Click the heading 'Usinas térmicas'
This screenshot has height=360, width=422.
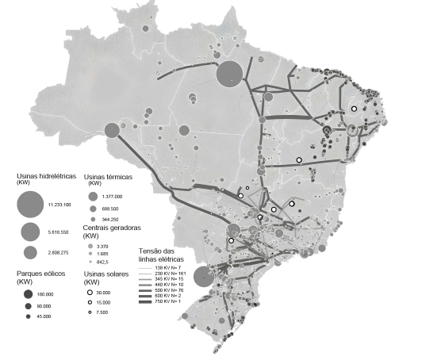point(107,177)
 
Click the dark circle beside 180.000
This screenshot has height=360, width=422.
point(28,294)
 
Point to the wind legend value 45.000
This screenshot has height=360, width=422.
point(49,316)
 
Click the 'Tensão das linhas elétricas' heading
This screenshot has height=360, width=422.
point(162,257)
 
